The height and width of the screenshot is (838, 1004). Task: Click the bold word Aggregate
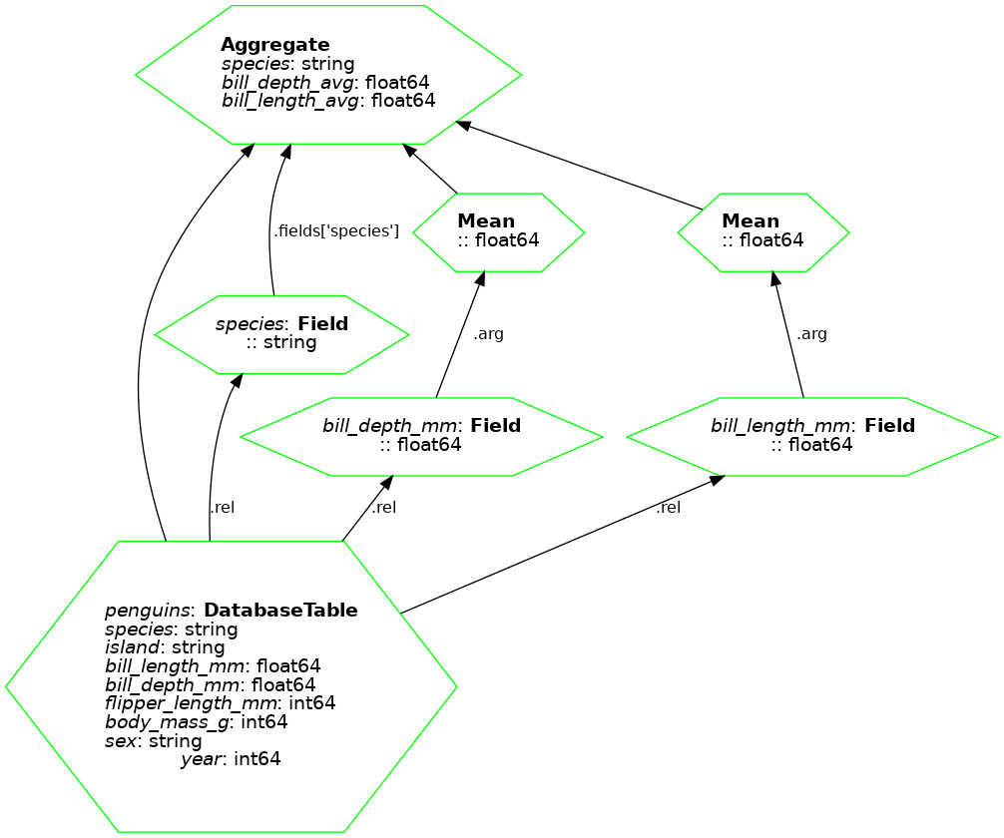click(274, 45)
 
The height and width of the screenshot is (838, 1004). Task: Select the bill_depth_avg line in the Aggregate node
click(325, 82)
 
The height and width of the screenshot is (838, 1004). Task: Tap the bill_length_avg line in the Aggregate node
click(328, 101)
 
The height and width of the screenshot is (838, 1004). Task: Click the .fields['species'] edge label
click(336, 231)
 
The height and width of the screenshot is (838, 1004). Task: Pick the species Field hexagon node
click(281, 334)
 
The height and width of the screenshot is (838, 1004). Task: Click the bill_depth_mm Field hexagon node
click(421, 436)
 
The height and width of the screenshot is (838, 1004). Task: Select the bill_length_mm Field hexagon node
click(812, 436)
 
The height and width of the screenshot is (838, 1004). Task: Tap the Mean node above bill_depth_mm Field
click(498, 231)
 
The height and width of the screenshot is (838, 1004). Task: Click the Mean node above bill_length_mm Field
click(763, 231)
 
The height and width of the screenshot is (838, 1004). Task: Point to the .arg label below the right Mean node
click(811, 334)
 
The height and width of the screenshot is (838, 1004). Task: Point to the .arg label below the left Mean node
click(488, 334)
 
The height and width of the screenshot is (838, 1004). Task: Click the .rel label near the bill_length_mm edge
click(669, 508)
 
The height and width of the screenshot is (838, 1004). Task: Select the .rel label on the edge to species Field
click(222, 508)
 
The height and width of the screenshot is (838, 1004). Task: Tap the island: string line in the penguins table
click(165, 648)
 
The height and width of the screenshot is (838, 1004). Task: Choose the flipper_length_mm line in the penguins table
click(220, 702)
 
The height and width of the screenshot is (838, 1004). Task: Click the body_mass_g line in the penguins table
click(196, 721)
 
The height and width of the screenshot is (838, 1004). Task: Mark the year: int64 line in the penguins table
click(231, 759)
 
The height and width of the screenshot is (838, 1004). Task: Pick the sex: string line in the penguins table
click(153, 740)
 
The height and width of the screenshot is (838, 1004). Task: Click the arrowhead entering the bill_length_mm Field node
click(716, 480)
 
